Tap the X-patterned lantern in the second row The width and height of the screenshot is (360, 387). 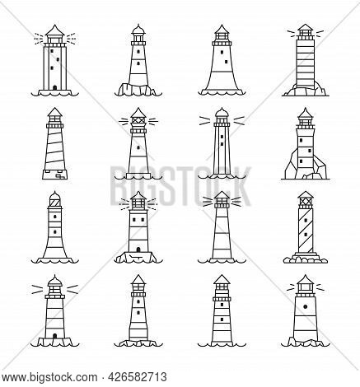click(x=137, y=122)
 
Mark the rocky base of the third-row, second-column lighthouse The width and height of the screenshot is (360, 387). click(x=137, y=257)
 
